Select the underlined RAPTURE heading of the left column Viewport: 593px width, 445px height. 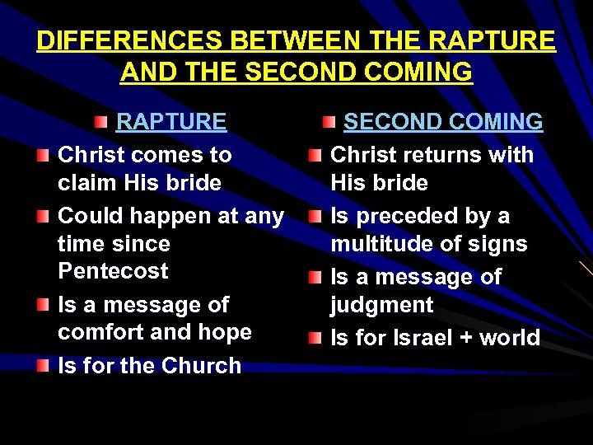(171, 122)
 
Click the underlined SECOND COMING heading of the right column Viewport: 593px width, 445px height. (443, 122)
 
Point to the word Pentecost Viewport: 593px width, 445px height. (113, 271)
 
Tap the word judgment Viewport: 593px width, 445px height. (381, 305)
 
